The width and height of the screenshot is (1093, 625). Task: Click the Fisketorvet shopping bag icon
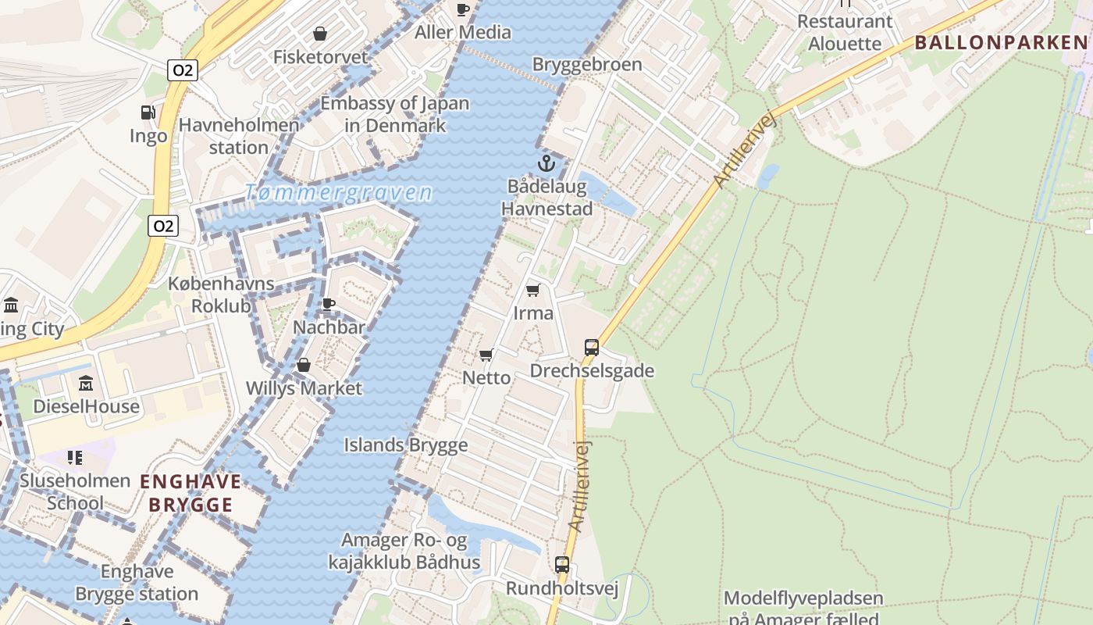319,34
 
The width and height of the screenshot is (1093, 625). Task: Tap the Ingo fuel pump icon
148,112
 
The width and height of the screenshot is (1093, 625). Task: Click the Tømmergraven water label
338,192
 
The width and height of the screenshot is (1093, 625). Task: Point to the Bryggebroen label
587,64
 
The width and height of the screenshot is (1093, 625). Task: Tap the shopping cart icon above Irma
533,291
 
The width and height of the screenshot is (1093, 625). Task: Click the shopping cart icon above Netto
486,355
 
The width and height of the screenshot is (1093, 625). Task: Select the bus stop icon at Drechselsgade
592,348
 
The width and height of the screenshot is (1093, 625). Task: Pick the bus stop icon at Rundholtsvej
562,565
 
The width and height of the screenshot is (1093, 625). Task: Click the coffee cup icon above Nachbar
329,304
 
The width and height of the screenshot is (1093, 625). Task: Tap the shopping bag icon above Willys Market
304,365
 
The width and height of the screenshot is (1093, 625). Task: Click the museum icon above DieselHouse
86,384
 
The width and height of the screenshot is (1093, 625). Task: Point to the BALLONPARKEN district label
1001,42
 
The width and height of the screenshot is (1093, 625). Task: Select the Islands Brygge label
406,445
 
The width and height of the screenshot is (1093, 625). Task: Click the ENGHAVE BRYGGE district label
190,493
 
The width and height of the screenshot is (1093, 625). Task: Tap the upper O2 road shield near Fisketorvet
182,70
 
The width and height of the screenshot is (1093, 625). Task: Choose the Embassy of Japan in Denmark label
395,114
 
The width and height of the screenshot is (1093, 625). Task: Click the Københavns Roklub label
222,294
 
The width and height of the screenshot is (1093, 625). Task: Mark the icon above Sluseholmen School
75,457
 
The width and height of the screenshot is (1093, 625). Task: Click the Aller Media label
462,32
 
